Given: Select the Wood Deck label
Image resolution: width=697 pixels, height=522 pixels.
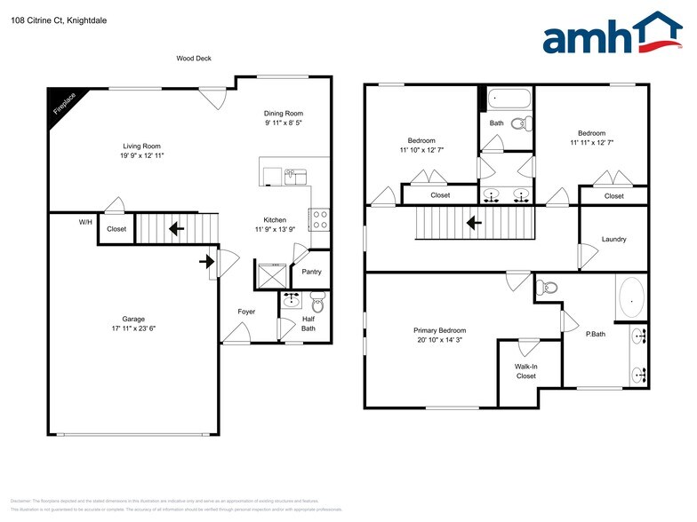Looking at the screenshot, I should [193, 59].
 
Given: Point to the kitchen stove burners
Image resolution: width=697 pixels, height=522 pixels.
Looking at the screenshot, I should [319, 219].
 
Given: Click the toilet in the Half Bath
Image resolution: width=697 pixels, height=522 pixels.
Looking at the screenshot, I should [318, 304].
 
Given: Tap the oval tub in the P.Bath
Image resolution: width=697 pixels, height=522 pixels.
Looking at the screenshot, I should [632, 297].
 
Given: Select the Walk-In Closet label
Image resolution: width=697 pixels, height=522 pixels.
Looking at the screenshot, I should [525, 371].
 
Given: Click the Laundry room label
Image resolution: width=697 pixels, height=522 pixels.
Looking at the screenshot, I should [613, 239].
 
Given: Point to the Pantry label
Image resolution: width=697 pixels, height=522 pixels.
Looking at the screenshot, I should [311, 273].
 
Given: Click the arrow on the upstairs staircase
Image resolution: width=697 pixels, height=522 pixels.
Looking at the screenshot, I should [477, 224].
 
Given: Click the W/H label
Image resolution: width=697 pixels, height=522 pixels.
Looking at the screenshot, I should [85, 222].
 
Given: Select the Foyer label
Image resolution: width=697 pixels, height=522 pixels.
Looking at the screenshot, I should [246, 312].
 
